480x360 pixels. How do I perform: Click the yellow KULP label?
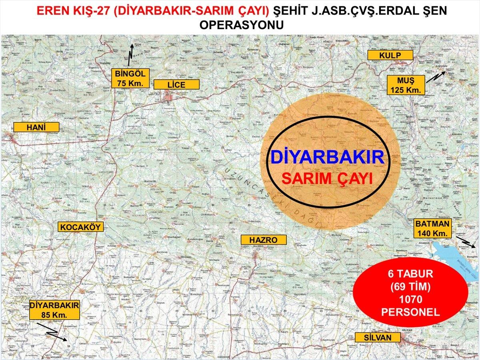(x=390, y=55)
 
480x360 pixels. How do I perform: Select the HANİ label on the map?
(x=36, y=127)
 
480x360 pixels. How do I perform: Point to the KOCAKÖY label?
(x=81, y=227)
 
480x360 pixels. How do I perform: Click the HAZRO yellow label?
(x=263, y=240)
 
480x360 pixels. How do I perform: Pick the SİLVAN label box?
(x=378, y=337)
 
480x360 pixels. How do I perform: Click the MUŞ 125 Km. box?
(x=405, y=85)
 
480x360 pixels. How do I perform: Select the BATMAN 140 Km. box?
(x=433, y=228)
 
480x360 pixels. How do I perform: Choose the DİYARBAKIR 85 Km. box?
(x=54, y=310)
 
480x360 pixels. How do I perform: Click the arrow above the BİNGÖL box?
(x=130, y=55)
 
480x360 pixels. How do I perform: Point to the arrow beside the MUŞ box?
(x=436, y=77)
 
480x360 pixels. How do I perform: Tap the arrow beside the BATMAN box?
(x=465, y=241)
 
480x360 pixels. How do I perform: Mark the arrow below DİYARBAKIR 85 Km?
(x=56, y=335)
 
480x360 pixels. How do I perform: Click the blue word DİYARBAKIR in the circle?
(x=327, y=157)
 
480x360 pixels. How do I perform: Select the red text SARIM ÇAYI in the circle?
(x=327, y=178)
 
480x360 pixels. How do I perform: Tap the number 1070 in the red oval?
(x=410, y=299)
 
